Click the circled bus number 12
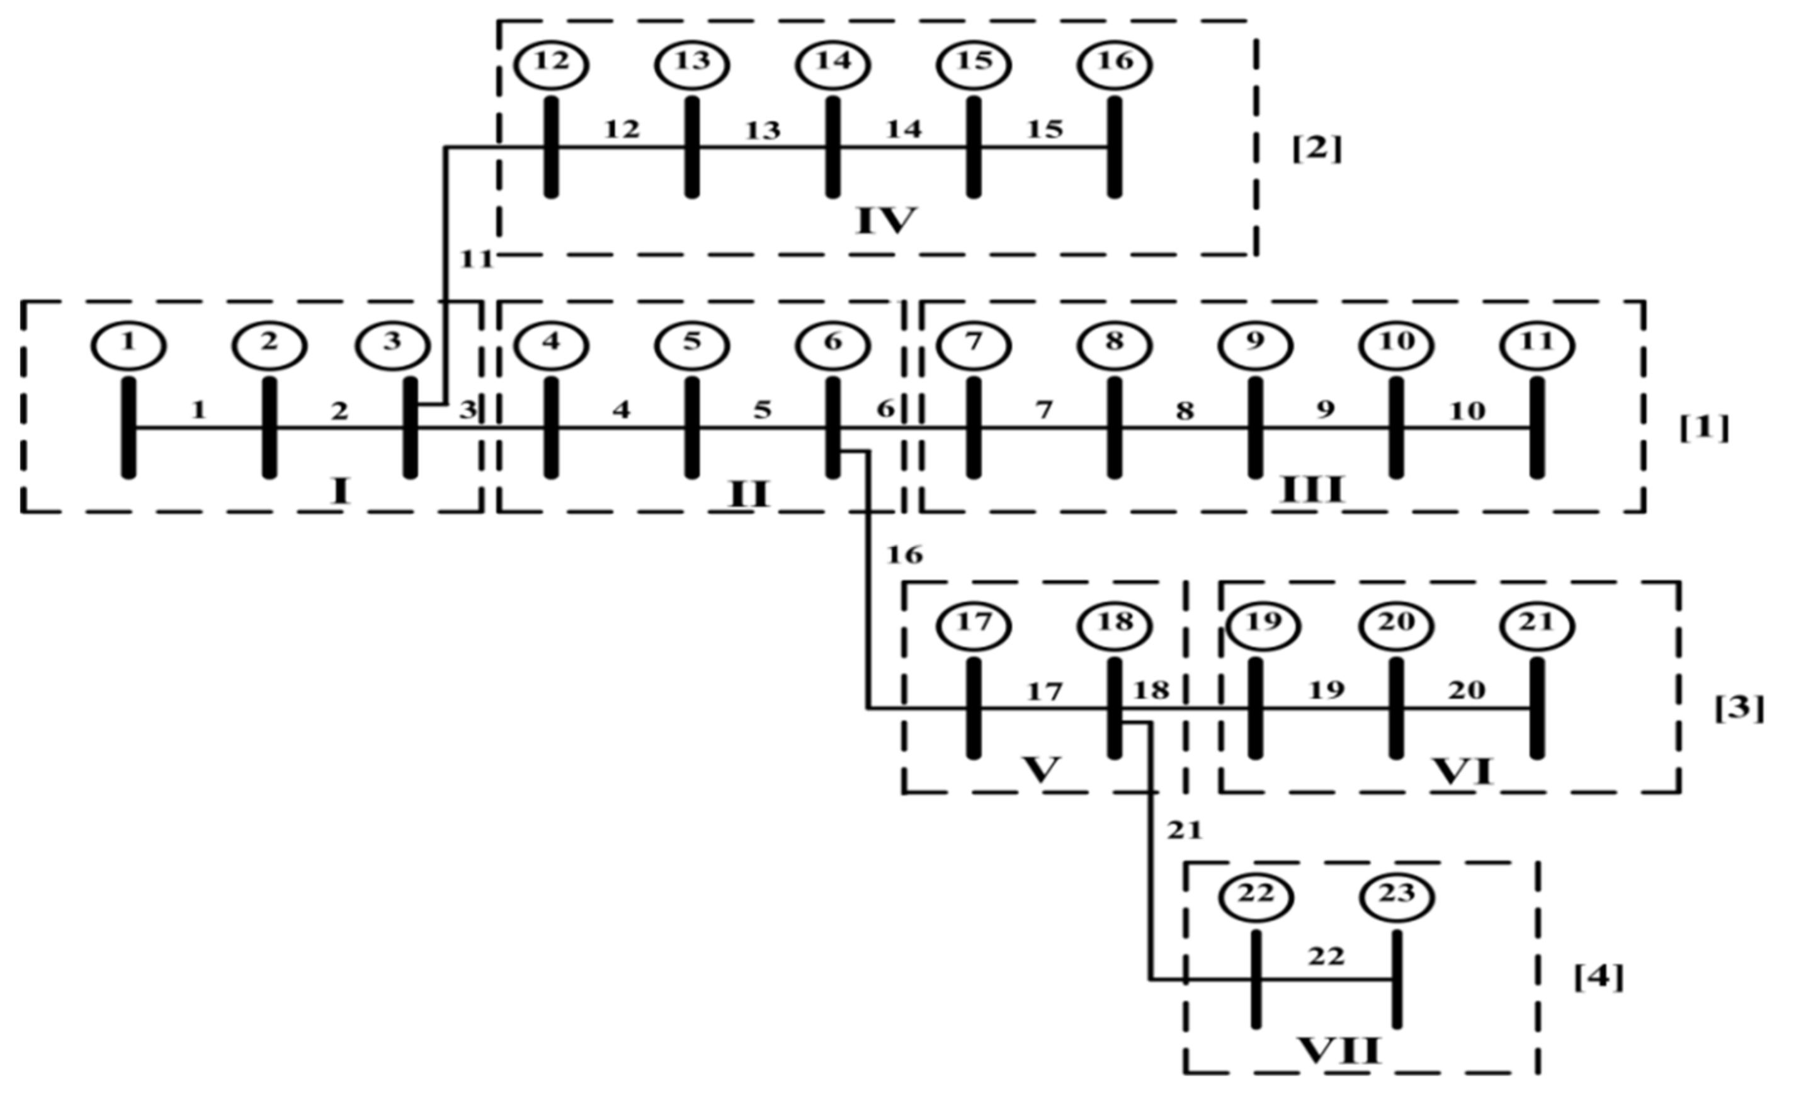coord(551,64)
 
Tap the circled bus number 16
coord(1115,64)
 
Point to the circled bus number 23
coord(1397,896)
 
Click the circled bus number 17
coord(974,625)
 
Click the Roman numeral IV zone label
coord(885,220)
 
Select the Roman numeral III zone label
coord(1312,490)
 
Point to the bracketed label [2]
coord(1316,149)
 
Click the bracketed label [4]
coord(1599,977)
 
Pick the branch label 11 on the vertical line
coord(477,259)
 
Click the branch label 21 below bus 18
coord(1185,830)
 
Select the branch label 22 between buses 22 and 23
coord(1326,956)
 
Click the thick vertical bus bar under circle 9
coord(1254,428)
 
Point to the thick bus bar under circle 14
coord(833,147)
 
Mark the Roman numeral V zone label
coord(1041,769)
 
